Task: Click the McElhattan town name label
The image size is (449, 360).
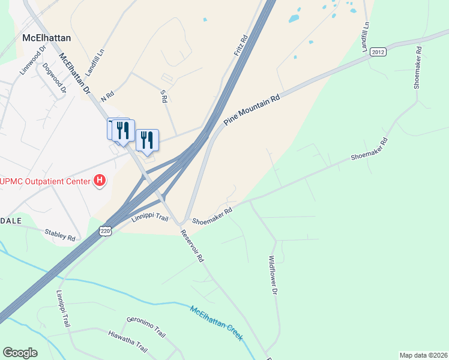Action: [x=46, y=37]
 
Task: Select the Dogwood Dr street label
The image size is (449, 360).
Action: [x=51, y=78]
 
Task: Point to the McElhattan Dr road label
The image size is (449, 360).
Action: [x=74, y=74]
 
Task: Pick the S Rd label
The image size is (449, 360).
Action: [x=163, y=96]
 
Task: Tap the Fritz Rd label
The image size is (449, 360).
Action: [x=241, y=46]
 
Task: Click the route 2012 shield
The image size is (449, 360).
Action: [x=378, y=52]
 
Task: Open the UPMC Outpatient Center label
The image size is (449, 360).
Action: [x=44, y=181]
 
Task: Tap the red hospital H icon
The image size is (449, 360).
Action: [x=100, y=180]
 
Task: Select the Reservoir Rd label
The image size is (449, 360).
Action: [x=192, y=245]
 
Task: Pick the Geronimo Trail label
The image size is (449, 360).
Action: [x=146, y=325]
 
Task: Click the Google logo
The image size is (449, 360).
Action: [x=20, y=353]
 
